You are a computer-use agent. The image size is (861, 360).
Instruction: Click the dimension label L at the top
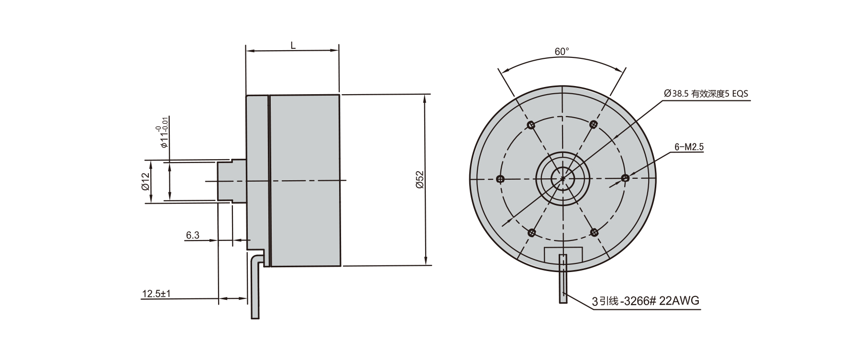pos(293,45)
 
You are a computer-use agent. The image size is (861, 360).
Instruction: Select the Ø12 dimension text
pos(146,182)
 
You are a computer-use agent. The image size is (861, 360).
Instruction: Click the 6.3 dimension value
pos(192,235)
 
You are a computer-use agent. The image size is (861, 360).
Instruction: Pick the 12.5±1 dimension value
pos(156,294)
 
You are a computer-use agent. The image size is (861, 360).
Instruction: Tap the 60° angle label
pos(562,51)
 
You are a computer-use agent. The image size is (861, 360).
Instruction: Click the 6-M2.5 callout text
pos(689,147)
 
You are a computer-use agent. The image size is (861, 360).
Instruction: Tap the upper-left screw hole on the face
pos(530,125)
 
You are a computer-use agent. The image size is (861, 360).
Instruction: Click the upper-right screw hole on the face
pos(594,124)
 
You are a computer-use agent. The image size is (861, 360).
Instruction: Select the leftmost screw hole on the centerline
pos(501,179)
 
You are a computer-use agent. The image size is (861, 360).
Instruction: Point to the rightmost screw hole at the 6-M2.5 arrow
pos(625,178)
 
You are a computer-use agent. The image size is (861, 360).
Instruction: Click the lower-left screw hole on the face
pos(532,233)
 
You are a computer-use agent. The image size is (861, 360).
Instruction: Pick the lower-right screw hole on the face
pos(594,232)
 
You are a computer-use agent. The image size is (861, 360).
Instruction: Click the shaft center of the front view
pos(563,179)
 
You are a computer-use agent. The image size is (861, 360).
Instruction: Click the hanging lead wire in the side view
pos(255,292)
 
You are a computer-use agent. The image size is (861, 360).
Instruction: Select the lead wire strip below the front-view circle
pos(563,280)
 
